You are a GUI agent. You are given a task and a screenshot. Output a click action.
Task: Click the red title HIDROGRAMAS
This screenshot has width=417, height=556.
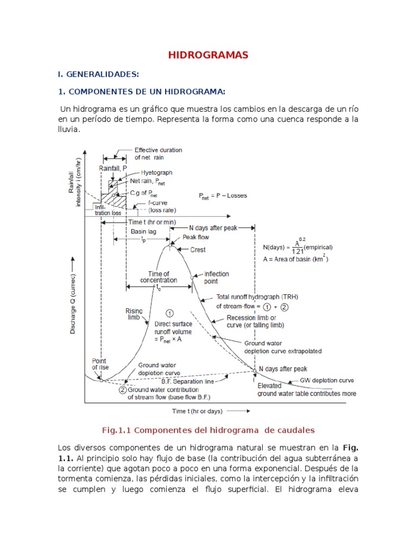coord(208,55)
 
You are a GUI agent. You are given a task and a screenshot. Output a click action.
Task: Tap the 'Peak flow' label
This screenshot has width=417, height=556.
coord(195,237)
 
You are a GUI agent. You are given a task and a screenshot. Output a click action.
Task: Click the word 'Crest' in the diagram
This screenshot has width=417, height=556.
coord(198,250)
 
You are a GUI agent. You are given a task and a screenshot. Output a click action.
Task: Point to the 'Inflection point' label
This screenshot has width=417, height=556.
coord(216,277)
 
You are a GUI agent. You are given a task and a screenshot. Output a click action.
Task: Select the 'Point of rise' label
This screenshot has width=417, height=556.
coord(100,364)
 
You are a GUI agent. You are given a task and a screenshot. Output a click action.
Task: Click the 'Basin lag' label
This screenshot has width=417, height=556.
coord(142,231)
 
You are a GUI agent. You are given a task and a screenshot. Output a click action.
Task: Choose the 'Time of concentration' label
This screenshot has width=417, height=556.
coord(159,277)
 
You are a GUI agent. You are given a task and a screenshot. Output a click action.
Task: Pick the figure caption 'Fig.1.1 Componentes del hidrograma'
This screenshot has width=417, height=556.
coord(208,430)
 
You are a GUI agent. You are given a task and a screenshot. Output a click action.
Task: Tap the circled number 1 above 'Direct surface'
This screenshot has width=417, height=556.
coord(169,313)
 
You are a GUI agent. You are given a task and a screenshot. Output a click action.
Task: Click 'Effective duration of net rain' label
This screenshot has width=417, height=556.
coord(158,153)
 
